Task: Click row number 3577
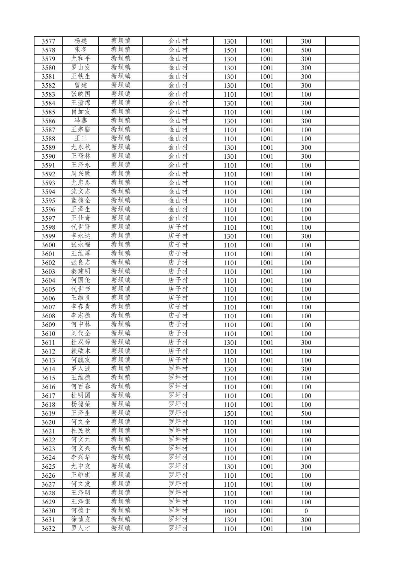tap(48, 41)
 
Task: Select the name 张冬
tap(81, 50)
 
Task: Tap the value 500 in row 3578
tap(306, 50)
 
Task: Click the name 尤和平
tap(81, 59)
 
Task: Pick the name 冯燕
tap(81, 121)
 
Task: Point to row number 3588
tap(48, 139)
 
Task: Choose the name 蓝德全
tap(81, 201)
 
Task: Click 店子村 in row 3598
tap(178, 227)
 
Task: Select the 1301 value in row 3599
tap(230, 236)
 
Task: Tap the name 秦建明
tap(81, 271)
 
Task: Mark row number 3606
tap(48, 298)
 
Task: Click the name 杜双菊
tap(81, 342)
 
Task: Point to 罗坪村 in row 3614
tap(178, 369)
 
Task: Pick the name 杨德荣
tap(81, 405)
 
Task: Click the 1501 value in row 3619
tap(230, 414)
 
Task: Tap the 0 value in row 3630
tap(306, 511)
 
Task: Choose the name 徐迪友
tap(81, 520)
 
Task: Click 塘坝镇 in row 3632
tap(120, 528)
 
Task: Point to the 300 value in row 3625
tap(306, 467)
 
